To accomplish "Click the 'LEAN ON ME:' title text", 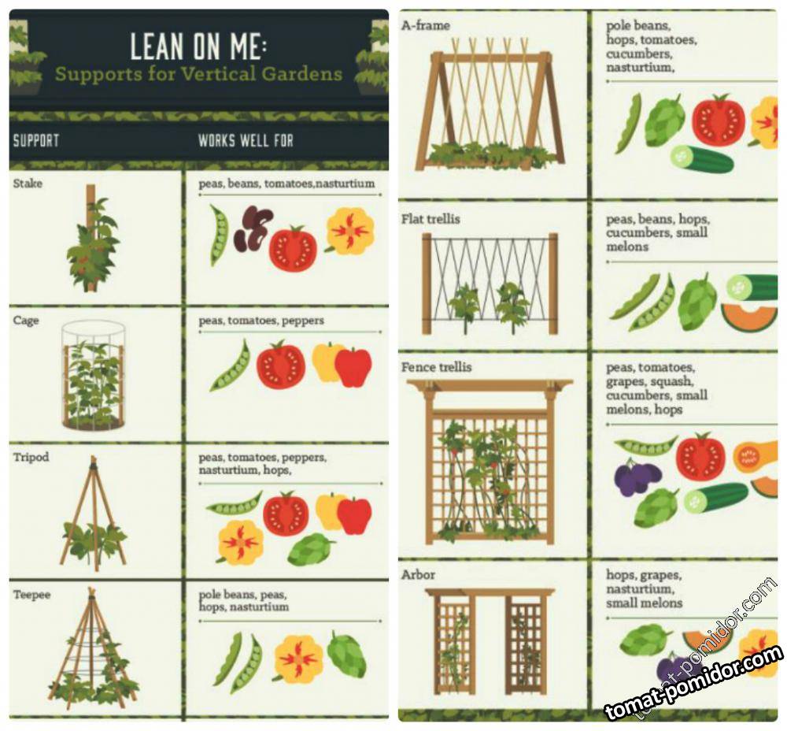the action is (x=199, y=46).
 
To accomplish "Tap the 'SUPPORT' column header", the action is (x=36, y=141).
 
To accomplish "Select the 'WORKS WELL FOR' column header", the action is (x=246, y=141).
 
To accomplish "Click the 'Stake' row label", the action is (x=28, y=184).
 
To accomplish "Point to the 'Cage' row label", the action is (x=26, y=321).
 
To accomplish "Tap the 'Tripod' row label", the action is (x=31, y=457).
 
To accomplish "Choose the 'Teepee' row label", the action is (x=31, y=595).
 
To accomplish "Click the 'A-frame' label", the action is (x=426, y=25).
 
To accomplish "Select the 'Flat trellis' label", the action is (x=430, y=219).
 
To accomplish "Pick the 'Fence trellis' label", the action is (x=436, y=367).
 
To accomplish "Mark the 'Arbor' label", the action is (x=418, y=575).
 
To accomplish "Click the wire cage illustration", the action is (x=94, y=376).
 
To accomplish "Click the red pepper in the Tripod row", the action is (x=354, y=516).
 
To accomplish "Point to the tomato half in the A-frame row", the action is (x=719, y=121).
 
